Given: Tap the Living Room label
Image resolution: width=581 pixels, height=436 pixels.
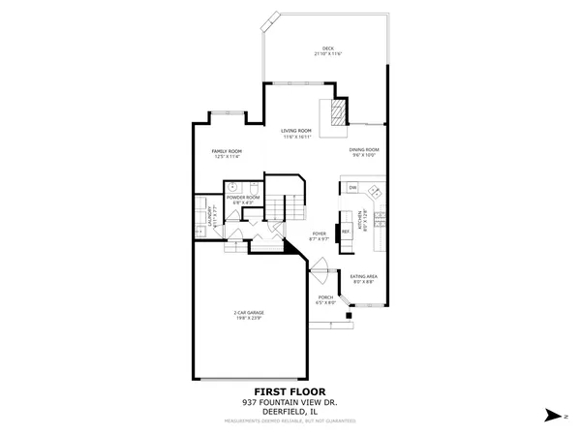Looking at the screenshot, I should pyautogui.click(x=296, y=130).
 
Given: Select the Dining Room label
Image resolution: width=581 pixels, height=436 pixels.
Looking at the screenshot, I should pyautogui.click(x=364, y=148).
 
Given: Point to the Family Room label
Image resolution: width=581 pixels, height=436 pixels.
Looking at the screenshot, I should pyautogui.click(x=227, y=151).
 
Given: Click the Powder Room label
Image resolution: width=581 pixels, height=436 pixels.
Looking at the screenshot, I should pyautogui.click(x=243, y=197).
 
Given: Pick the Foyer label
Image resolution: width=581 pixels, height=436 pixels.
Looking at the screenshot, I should pyautogui.click(x=320, y=234).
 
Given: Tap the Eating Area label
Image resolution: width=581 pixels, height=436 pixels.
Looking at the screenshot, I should pyautogui.click(x=363, y=277).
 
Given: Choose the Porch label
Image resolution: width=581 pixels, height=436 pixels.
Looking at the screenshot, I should pyautogui.click(x=325, y=296).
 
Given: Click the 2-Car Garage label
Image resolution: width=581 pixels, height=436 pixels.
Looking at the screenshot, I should pyautogui.click(x=249, y=312).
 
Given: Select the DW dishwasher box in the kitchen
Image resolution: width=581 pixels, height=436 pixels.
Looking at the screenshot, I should pyautogui.click(x=353, y=187).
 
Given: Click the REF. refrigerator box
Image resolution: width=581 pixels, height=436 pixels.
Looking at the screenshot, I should pyautogui.click(x=345, y=231).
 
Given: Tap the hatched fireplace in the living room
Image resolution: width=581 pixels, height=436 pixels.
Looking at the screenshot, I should pyautogui.click(x=335, y=114).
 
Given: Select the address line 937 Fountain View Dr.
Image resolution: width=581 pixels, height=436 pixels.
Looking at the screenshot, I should pyautogui.click(x=290, y=402).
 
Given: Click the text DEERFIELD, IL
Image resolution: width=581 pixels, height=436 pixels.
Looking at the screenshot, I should pyautogui.click(x=290, y=412).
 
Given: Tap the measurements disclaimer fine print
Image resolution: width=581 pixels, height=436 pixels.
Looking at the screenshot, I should pyautogui.click(x=290, y=420).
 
